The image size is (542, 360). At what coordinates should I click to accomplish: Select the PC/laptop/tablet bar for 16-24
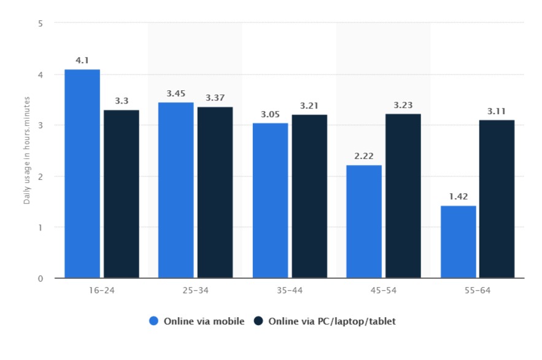pyautogui.click(x=122, y=194)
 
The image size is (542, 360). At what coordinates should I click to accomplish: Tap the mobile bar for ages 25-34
pyautogui.click(x=176, y=190)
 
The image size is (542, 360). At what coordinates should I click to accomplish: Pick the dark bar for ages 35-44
pyautogui.click(x=309, y=196)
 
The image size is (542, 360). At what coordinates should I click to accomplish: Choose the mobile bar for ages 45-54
pyautogui.click(x=364, y=221)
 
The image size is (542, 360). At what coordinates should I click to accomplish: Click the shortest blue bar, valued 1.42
pyautogui.click(x=459, y=242)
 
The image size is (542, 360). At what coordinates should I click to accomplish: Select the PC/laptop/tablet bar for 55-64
pyautogui.click(x=497, y=199)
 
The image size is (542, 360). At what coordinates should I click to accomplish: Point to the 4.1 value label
pyautogui.click(x=82, y=60)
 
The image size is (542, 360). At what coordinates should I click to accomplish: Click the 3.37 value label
pyautogui.click(x=215, y=98)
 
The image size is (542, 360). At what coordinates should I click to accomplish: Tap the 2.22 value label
pyautogui.click(x=364, y=156)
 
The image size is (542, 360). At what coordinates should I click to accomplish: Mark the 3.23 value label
pyautogui.click(x=403, y=105)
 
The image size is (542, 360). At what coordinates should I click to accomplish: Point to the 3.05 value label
pyautogui.click(x=270, y=114)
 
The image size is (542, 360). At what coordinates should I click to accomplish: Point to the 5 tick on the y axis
pyautogui.click(x=41, y=23)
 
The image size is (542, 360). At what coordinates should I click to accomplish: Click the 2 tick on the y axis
pyautogui.click(x=41, y=177)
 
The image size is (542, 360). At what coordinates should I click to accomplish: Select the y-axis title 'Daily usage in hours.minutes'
pyautogui.click(x=27, y=151)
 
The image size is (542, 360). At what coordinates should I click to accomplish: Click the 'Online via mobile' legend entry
pyautogui.click(x=197, y=321)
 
